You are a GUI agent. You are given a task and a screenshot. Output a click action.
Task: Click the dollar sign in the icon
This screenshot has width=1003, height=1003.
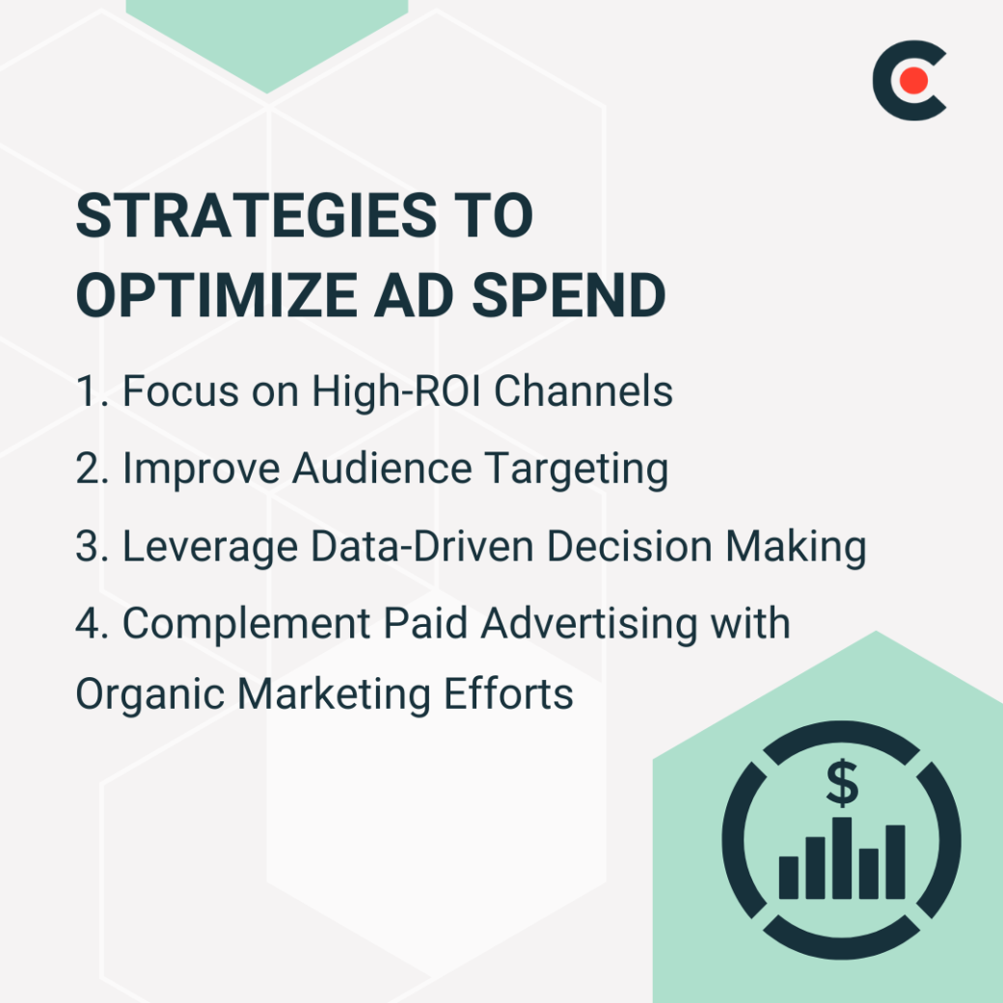[x=842, y=784]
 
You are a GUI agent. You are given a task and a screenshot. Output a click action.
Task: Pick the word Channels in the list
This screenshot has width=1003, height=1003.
[x=590, y=392]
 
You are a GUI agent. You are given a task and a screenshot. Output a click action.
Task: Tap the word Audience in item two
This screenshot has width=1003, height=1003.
[x=383, y=469]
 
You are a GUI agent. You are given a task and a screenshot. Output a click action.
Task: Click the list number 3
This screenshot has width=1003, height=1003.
[x=86, y=547]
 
